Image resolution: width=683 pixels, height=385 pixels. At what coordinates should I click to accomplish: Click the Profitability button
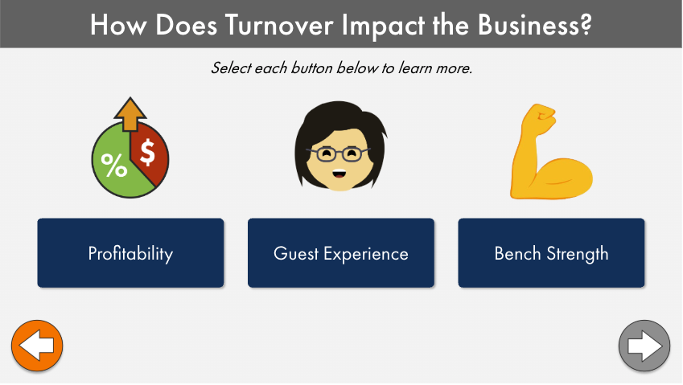(130, 252)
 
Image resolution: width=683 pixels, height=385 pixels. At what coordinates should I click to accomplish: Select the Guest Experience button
(340, 252)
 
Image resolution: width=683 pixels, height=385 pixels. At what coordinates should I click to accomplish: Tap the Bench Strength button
(551, 252)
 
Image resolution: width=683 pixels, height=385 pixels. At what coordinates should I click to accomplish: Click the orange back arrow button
(37, 346)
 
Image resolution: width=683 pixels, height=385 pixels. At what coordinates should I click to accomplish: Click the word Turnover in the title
(280, 24)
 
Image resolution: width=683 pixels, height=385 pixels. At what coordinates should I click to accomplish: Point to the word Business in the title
(529, 24)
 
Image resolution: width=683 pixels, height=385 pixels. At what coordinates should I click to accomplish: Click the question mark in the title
(586, 24)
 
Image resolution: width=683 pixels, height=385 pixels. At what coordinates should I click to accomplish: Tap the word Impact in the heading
(383, 25)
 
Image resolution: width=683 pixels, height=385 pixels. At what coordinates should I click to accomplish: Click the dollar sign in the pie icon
(147, 152)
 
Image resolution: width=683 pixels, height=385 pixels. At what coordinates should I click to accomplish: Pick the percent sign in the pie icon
(114, 166)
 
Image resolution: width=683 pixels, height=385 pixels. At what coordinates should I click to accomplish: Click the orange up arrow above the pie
(130, 114)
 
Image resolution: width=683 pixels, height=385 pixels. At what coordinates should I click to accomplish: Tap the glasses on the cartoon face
(339, 154)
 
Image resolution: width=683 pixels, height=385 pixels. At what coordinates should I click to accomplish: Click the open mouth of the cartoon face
(339, 174)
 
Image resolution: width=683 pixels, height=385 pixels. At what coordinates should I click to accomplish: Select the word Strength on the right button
(578, 254)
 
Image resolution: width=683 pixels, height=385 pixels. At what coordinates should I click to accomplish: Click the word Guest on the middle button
(296, 253)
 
